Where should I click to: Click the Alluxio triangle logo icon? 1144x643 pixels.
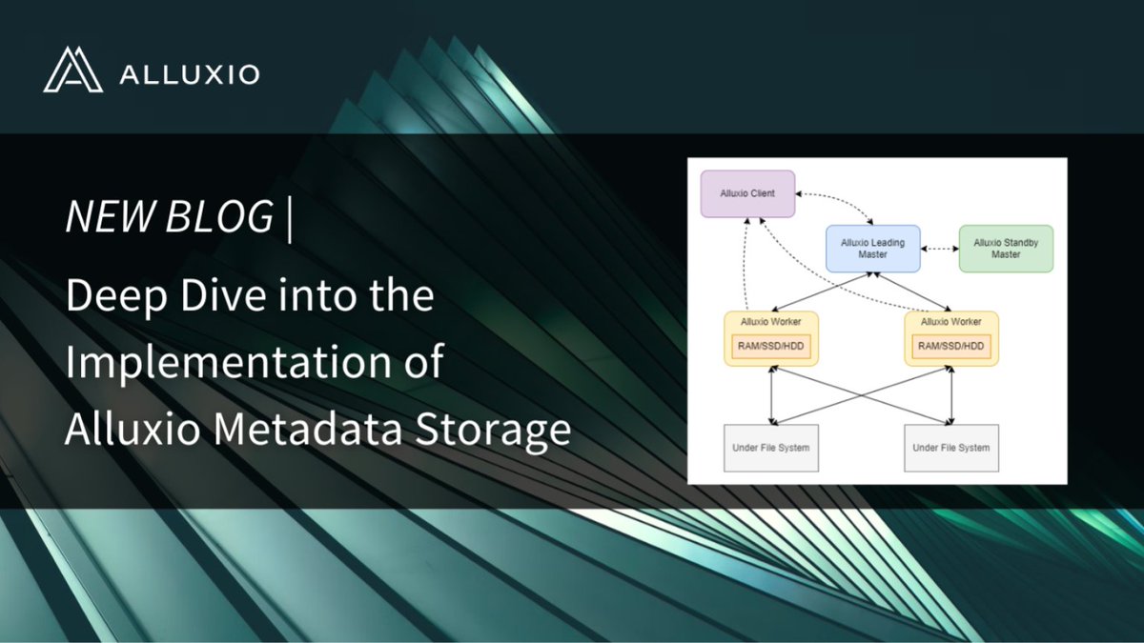[72, 70]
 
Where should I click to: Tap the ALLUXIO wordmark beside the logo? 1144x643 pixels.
[190, 74]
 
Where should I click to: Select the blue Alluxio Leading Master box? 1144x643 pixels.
[872, 249]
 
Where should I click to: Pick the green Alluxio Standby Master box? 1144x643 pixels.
[1006, 249]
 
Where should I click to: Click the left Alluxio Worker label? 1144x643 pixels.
[770, 323]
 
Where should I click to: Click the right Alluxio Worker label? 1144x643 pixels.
[950, 323]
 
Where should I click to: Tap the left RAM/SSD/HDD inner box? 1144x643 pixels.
[770, 347]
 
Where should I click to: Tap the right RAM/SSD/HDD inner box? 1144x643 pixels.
[950, 347]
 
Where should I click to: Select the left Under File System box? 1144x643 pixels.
[770, 448]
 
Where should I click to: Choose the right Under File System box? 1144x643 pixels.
[950, 448]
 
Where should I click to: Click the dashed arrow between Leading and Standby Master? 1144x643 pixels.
[939, 249]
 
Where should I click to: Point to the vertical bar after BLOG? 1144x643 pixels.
[289, 217]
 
